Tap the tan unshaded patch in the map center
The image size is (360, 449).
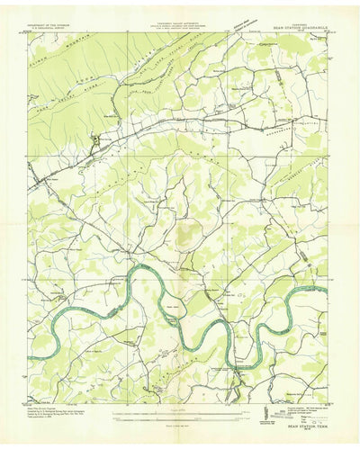[x=185, y=236]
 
